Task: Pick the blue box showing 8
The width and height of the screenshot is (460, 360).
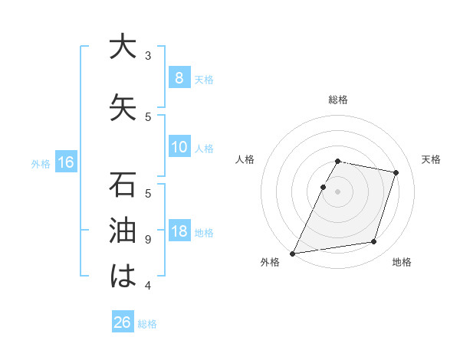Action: pos(179,77)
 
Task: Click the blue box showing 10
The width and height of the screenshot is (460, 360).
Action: pos(179,147)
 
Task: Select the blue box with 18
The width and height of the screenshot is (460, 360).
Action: pos(179,231)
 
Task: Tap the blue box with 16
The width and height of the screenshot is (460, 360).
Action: pos(66,162)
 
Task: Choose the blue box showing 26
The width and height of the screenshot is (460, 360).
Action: pos(123,322)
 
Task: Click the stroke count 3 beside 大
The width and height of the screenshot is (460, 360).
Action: pos(148,56)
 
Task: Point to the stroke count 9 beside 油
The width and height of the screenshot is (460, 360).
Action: pos(148,240)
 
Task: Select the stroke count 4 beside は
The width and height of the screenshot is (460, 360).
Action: pos(148,286)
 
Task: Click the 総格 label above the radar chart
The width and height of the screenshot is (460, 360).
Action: pos(338,100)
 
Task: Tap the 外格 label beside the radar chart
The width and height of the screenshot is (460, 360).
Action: pos(270,262)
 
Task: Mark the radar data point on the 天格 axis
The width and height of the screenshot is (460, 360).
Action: pos(396,172)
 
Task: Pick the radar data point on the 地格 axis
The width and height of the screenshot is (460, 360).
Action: pos(374,242)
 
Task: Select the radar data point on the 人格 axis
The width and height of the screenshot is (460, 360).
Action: pos(324,187)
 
